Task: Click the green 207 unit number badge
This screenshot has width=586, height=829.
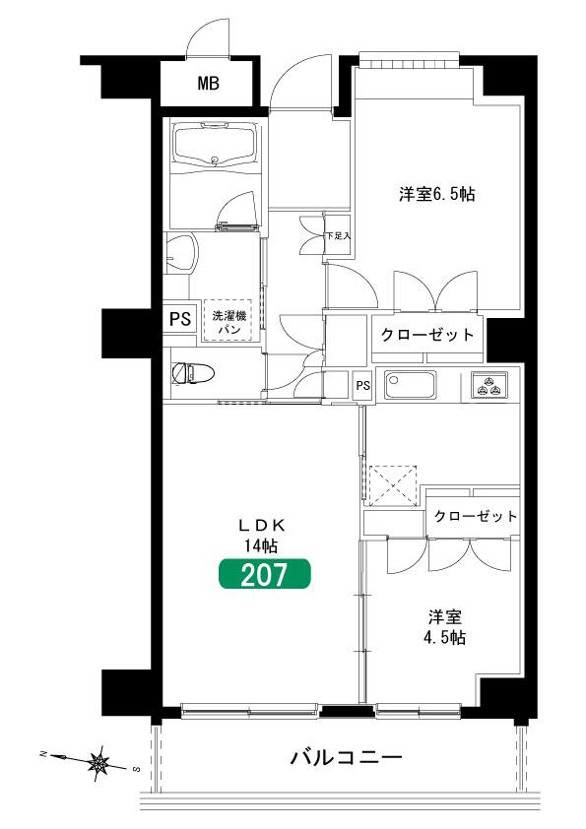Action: coord(265,574)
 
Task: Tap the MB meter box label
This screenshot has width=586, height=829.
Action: coord(209,83)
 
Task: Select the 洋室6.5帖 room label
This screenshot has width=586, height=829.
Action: coord(437,194)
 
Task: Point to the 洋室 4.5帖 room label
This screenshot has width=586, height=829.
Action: coord(444,627)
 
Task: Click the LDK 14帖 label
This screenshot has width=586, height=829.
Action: coord(262,535)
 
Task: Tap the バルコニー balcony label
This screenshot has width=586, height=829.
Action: coord(346,758)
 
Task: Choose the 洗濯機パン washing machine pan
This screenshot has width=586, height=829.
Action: coord(229,321)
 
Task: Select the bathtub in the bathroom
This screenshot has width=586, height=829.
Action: coord(217,146)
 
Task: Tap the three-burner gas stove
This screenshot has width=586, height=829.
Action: coord(488,384)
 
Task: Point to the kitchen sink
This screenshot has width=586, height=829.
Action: coord(410,385)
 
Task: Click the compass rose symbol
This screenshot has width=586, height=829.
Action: coord(98,763)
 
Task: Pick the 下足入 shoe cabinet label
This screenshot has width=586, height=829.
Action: coord(338,235)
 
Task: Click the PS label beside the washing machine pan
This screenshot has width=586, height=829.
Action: coord(180,319)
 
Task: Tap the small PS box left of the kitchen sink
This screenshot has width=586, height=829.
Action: coord(362,385)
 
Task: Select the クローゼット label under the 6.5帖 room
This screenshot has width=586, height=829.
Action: coord(427,334)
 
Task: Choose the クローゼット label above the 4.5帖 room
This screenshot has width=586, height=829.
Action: coord(475,516)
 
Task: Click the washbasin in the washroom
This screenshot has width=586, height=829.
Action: coord(181,253)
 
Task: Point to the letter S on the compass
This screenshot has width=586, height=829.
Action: coord(136,769)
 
